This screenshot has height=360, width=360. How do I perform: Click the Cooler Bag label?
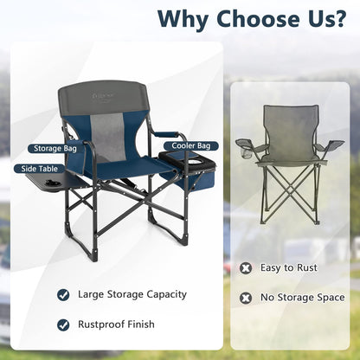pyautogui.click(x=197, y=147)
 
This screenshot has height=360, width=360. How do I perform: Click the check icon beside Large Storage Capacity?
pyautogui.click(x=63, y=294)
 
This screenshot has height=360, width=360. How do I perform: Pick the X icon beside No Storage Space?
pyautogui.click(x=247, y=299)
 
